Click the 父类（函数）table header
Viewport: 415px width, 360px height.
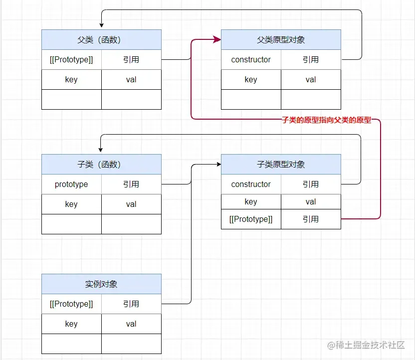(101, 39)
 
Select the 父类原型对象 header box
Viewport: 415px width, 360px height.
(281, 39)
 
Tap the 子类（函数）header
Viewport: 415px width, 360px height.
(101, 164)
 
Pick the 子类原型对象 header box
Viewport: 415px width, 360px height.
(281, 164)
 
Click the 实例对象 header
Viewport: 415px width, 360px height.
(101, 284)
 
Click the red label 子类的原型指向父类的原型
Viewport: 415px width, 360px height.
(327, 120)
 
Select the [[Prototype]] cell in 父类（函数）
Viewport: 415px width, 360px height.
(71, 59)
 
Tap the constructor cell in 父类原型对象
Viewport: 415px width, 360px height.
(251, 59)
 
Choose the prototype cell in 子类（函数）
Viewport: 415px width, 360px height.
(71, 184)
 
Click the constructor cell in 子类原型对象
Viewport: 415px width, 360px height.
(251, 184)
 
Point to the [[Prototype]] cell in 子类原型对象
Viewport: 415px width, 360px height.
(251, 219)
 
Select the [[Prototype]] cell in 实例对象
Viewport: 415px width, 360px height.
(71, 304)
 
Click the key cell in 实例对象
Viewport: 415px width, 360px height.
(71, 324)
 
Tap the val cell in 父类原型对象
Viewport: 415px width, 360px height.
(311, 79)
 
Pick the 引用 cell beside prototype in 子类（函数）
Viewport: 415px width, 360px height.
(131, 184)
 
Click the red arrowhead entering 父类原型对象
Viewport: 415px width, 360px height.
(217, 39)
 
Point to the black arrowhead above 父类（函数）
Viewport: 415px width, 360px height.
(101, 26)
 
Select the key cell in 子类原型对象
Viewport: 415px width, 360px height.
(251, 201)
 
